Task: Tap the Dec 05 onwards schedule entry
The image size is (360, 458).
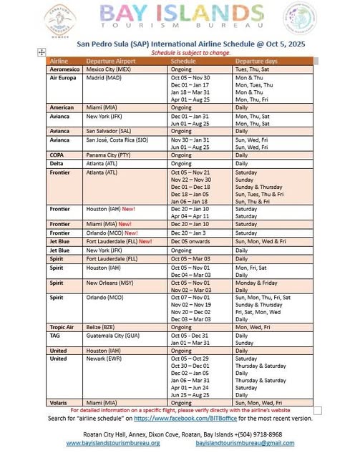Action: [x=188, y=241]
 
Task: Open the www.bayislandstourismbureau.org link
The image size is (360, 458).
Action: [x=113, y=443]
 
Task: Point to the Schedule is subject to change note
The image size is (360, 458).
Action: [x=180, y=54]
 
